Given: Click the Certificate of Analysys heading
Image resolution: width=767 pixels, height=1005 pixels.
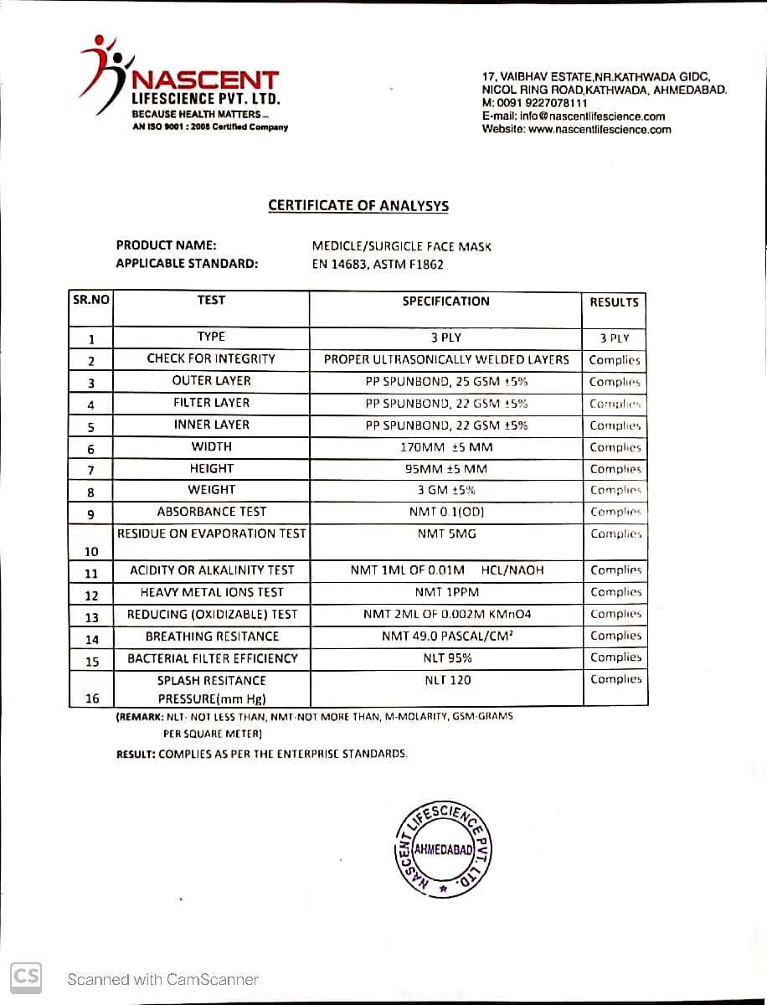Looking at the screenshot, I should point(358,206).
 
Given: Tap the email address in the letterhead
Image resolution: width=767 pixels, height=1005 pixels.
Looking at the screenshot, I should point(592,116).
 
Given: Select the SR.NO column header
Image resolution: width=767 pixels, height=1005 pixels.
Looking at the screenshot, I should point(90,299).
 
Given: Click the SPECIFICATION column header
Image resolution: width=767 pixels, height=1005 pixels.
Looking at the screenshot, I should point(445,301).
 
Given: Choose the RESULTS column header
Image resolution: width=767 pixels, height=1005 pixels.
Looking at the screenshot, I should point(614,301).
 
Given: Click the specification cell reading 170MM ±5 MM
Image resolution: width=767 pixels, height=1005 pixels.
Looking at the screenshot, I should point(445,447).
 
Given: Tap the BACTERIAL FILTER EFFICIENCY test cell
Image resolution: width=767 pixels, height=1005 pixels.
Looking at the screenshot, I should point(213,658).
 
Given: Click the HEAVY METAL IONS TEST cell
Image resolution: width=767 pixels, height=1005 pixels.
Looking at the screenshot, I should point(213,592).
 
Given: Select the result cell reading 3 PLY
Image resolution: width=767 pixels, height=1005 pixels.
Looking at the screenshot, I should point(614,338).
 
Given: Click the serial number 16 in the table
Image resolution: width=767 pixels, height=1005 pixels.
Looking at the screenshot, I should point(91,697).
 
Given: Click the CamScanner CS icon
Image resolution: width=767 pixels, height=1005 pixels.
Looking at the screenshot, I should point(26,976).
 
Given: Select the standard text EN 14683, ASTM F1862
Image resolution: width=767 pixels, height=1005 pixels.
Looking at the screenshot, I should point(378,265).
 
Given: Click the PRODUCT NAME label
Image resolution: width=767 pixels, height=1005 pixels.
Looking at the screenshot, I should point(167,245).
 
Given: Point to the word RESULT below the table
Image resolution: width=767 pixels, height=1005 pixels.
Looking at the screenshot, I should point(135,754).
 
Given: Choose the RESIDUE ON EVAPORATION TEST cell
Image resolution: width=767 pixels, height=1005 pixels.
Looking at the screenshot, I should point(212,533).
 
